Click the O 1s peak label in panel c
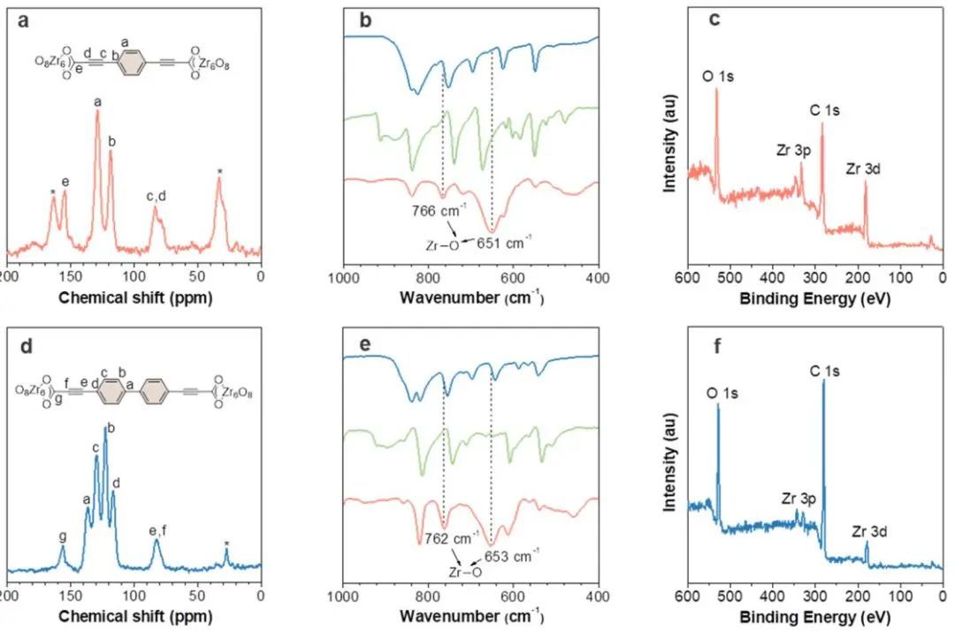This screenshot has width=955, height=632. click(x=718, y=77)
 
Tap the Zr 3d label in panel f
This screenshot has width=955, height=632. click(x=869, y=531)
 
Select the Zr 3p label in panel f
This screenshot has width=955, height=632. click(x=799, y=498)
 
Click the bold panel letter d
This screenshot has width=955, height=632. click(x=25, y=348)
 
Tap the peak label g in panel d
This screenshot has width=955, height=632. click(x=62, y=536)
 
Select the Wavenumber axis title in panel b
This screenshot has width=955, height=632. click(x=471, y=297)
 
